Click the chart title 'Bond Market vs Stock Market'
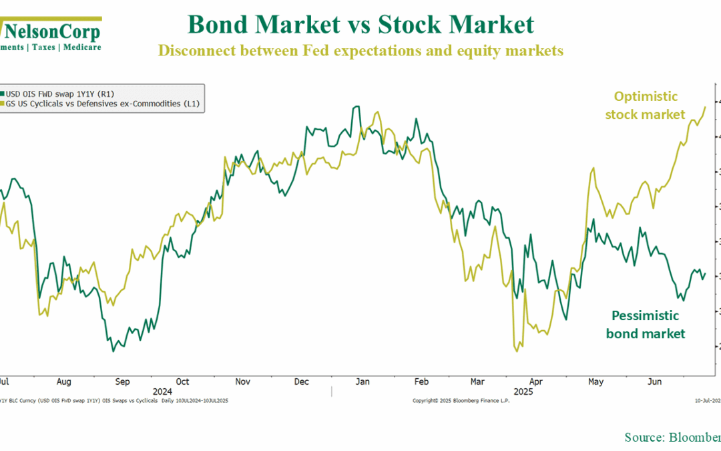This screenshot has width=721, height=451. (360, 25)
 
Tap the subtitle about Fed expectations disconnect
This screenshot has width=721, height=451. (360, 51)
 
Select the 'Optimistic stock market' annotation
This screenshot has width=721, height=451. (645, 106)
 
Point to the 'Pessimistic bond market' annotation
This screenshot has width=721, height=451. (646, 324)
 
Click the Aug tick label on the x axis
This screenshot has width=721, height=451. (63, 382)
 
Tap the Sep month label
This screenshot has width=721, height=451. (122, 382)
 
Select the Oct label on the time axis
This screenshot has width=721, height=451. (182, 382)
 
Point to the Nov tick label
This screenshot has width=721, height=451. (242, 382)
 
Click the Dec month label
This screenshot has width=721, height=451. (302, 382)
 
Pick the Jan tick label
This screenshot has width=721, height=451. (362, 382)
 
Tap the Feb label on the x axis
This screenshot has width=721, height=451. (421, 382)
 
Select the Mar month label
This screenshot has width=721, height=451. (477, 382)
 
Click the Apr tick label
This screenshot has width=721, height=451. (537, 382)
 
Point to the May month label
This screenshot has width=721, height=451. (595, 382)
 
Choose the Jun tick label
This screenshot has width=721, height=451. (655, 382)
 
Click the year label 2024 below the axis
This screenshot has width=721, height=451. (162, 391)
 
